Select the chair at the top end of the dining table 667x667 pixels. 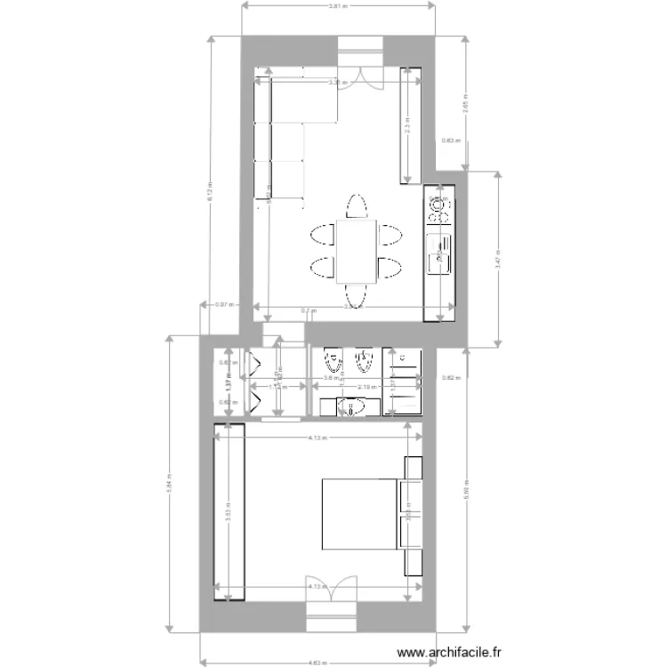(356, 206)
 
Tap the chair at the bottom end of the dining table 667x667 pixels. (356, 296)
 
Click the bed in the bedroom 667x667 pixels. (358, 514)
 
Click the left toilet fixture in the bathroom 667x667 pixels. (333, 363)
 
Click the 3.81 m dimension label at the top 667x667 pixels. (338, 5)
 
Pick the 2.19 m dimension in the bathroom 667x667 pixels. (366, 387)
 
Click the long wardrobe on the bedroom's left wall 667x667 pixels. (229, 512)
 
